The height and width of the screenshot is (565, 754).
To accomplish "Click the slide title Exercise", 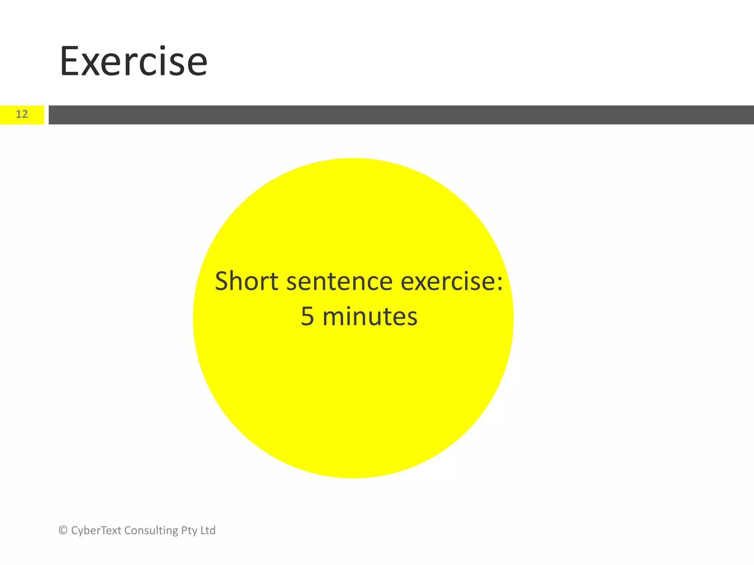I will tap(133, 61).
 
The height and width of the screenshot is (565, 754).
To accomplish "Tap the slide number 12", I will tap(22, 114).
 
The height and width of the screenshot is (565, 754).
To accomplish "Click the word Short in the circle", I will tap(246, 281).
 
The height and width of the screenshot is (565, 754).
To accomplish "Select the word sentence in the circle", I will tap(339, 282).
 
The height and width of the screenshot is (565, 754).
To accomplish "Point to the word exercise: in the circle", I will tap(451, 282).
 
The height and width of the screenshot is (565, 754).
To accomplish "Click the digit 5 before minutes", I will tap(307, 317).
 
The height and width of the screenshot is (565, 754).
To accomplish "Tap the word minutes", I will tap(370, 317).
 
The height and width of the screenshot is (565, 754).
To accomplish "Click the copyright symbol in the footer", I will tap(63, 530).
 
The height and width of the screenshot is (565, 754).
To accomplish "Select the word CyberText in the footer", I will tap(96, 530).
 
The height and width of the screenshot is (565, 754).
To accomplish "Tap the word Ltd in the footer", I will tap(208, 530).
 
